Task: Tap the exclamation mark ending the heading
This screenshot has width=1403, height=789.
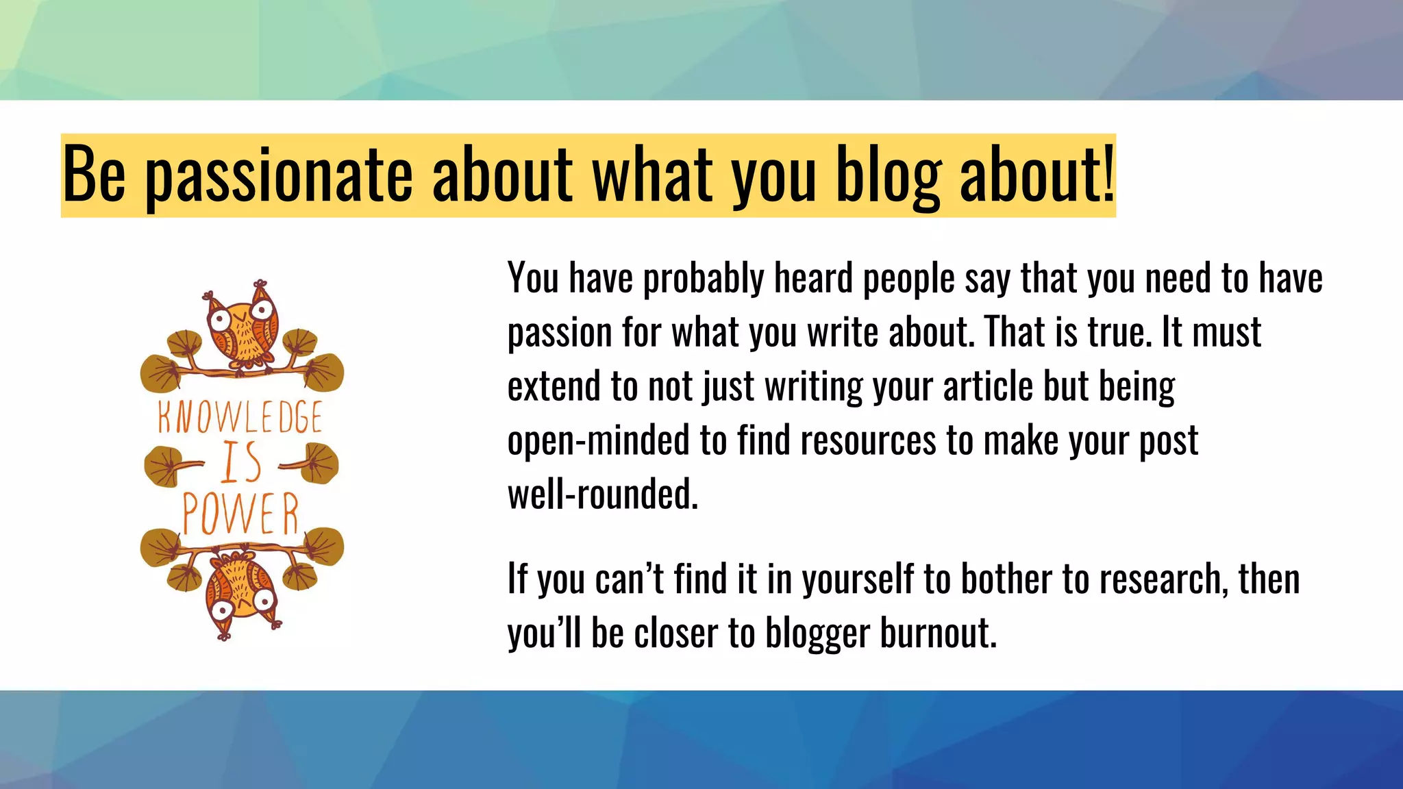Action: point(1108,173)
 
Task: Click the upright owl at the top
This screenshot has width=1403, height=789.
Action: point(243,327)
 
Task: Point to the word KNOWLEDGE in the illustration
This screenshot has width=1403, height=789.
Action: point(240,417)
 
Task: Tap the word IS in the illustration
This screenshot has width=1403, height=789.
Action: point(241,462)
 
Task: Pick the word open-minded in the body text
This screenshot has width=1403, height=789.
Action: point(598,440)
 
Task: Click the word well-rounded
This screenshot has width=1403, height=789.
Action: point(602,494)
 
